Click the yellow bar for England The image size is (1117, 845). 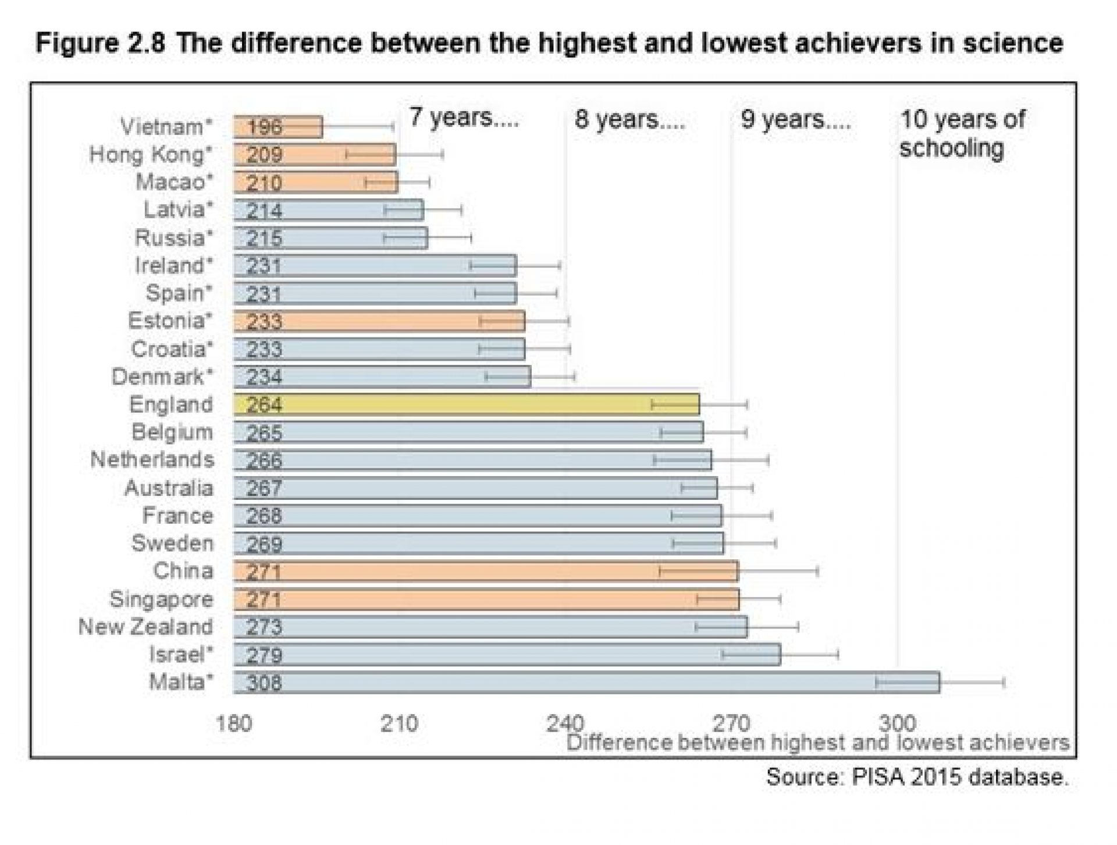coord(465,404)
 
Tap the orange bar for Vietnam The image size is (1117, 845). coord(278,126)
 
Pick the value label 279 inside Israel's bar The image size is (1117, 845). coord(264,655)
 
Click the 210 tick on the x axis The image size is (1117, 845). coord(399,724)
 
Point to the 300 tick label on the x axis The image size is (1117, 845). coord(897,724)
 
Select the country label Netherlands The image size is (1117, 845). coord(152,460)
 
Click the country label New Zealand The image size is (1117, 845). coord(145,627)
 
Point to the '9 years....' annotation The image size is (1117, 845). coord(795,119)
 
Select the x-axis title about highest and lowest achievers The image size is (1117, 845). coord(817,743)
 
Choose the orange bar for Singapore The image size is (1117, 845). coord(486,599)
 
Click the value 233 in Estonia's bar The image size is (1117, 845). coord(264,321)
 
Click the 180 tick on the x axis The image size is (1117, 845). coord(234,724)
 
